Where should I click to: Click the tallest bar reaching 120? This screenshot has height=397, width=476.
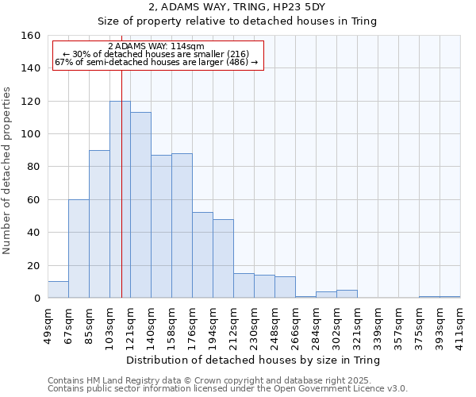[x=120, y=199]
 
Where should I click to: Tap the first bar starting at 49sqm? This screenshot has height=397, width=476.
[x=58, y=290]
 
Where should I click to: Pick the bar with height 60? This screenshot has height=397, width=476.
[x=79, y=249]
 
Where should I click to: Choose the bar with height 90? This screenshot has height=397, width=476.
[x=99, y=224]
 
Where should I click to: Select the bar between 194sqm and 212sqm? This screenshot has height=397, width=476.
[x=223, y=259]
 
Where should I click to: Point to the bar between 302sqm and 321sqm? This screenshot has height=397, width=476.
[x=347, y=294]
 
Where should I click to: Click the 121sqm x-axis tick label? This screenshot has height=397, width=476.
[x=131, y=325]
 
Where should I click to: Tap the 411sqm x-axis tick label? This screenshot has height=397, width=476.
[x=461, y=325]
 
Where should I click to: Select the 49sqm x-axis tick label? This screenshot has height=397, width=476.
[x=48, y=325]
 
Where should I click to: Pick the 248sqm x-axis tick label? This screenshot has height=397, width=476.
[x=275, y=325]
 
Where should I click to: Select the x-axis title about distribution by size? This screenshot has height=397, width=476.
[x=253, y=360]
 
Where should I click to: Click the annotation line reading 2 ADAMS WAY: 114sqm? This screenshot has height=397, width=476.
[x=156, y=46]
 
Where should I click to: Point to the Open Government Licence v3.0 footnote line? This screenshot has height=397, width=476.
[x=228, y=388]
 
